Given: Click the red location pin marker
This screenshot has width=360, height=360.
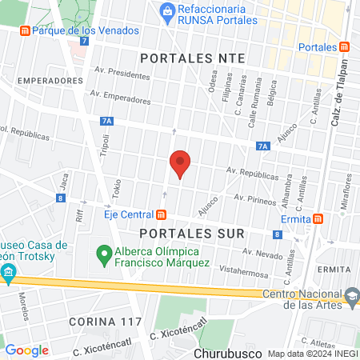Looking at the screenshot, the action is (x=180, y=164).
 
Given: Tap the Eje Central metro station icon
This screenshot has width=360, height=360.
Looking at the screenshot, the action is (x=162, y=214).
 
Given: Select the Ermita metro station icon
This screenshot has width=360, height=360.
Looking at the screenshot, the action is (x=318, y=218).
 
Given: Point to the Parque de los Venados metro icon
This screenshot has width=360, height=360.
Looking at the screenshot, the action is (x=25, y=31).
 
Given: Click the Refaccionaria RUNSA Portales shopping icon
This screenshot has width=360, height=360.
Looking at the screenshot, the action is (x=166, y=10).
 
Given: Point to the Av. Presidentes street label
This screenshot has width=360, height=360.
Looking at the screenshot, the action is (x=124, y=73).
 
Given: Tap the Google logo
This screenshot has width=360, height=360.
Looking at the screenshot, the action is (x=27, y=350).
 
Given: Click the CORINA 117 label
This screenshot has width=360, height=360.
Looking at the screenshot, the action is (x=105, y=322).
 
